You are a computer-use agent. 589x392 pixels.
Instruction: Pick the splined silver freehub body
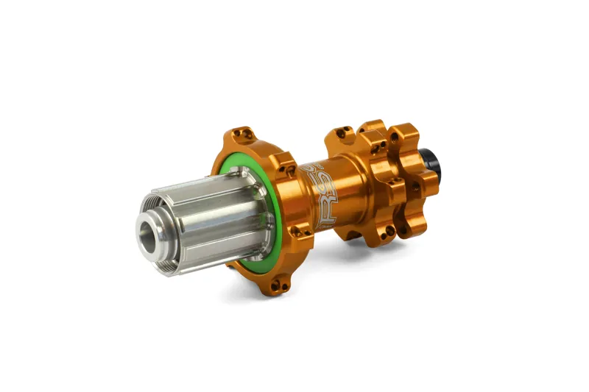click(214, 213)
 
